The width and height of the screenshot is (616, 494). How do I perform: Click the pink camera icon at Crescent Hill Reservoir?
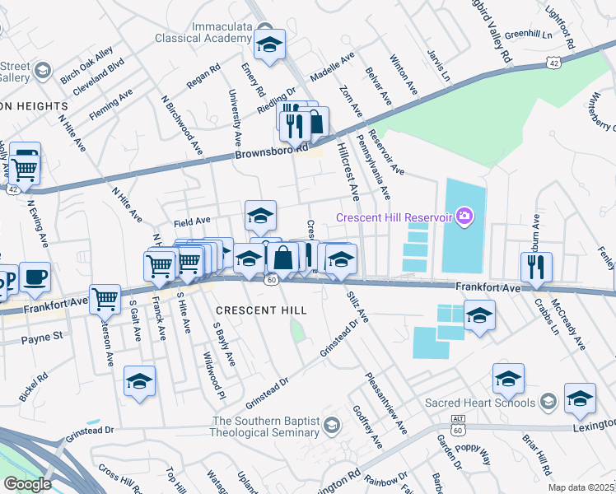coord(464,216)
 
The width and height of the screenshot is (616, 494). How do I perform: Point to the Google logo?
coord(26,483)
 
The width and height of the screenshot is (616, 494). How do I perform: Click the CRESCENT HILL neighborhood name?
coord(261,310)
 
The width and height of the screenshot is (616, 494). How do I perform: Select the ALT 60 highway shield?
coord(459,425)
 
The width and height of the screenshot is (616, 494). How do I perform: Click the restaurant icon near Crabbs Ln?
coord(535,266)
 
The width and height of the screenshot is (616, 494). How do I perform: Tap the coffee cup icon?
coord(35,277)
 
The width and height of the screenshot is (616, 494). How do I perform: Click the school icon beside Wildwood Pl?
coord(139,381)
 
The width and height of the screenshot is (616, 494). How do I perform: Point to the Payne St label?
coord(42,338)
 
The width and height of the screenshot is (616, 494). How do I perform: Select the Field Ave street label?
coord(192,221)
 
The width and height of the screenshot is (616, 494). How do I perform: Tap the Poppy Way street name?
coord(473,449)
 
